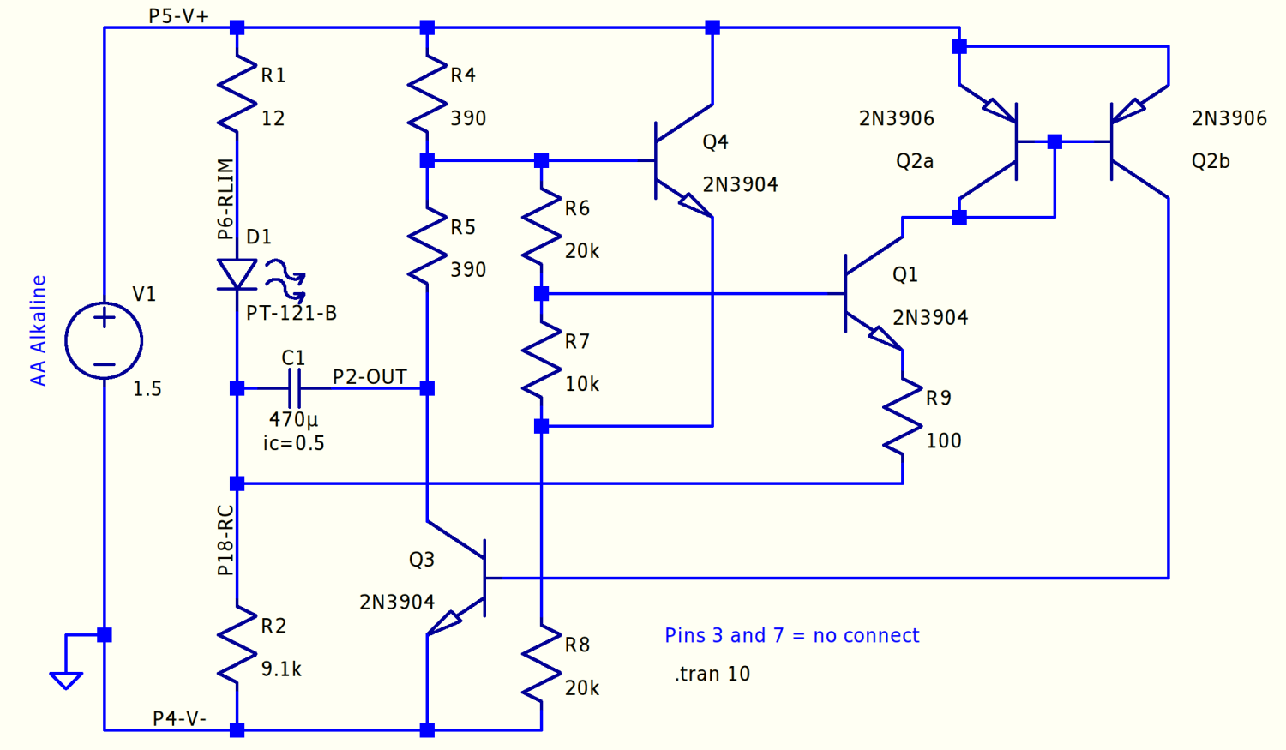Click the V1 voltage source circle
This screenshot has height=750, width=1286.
point(104,340)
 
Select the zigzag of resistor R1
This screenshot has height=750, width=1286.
point(237,94)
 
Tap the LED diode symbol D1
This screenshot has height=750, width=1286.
point(237,275)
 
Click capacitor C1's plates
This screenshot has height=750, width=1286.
point(294,388)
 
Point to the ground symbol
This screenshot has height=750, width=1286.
point(66,679)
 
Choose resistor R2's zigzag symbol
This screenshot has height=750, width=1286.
point(237,645)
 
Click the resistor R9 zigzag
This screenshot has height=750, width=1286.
point(902,417)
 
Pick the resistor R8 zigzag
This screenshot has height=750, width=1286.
point(541,663)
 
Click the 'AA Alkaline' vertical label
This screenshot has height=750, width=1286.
point(38,330)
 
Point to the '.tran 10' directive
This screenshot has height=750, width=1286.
point(712,674)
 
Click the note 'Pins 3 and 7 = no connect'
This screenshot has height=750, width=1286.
point(791,635)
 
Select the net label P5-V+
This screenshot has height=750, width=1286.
point(178,16)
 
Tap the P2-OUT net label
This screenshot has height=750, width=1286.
point(370,377)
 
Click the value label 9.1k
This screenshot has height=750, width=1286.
point(281,669)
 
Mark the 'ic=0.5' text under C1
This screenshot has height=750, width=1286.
point(293,443)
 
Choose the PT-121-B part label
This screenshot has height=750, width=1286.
point(291,313)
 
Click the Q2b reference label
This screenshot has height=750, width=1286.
point(1211,161)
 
